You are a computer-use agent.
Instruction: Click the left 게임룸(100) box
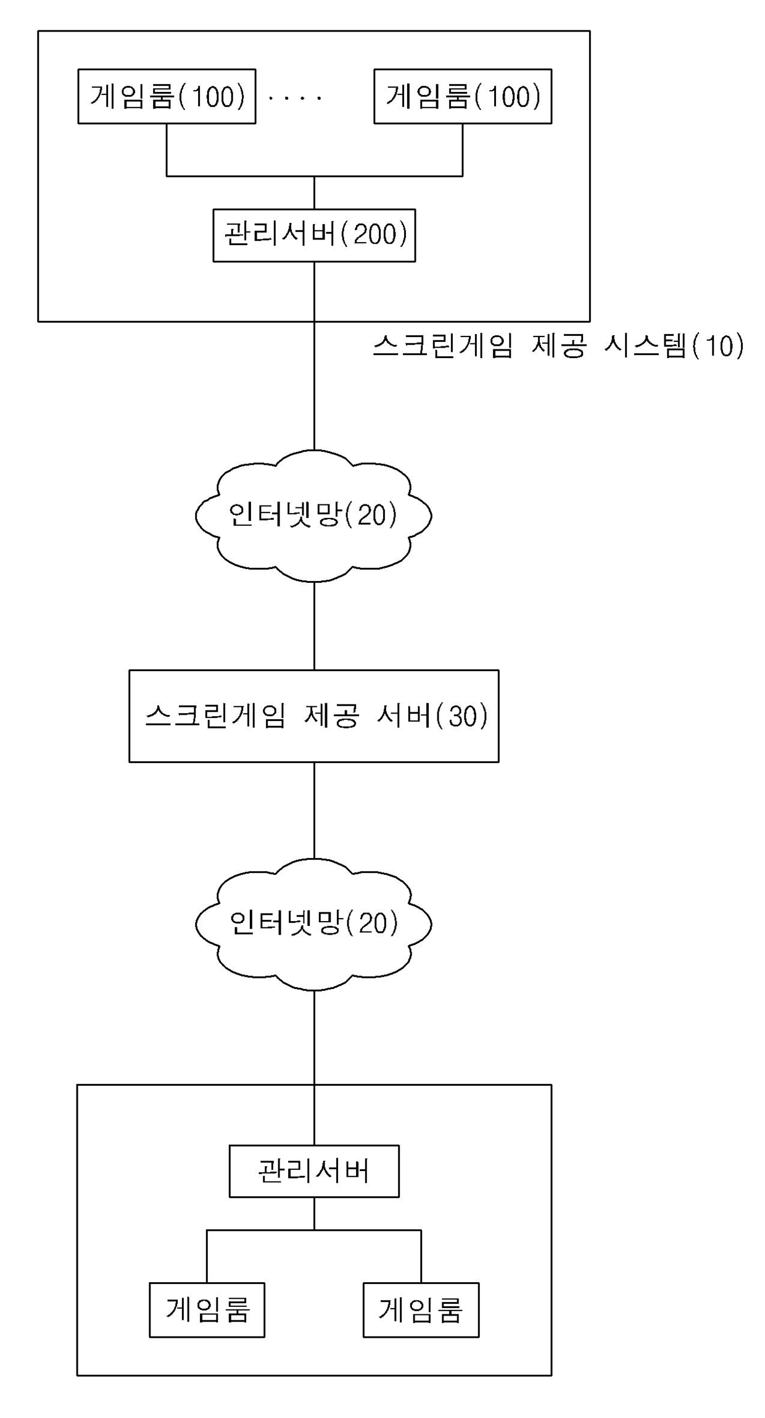167,96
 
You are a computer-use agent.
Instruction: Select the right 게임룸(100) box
463,96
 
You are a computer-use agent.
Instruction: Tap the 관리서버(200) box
314,235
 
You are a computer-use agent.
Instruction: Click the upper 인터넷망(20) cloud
313,515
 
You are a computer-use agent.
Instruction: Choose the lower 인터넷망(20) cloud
313,924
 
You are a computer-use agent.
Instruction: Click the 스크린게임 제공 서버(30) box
313,716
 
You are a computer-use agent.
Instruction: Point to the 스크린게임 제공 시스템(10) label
558,346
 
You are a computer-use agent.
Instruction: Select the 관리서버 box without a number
314,1171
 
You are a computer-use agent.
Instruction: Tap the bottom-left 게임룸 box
207,1310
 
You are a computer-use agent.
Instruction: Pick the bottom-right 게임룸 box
421,1310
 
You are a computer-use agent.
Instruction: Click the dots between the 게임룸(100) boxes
296,98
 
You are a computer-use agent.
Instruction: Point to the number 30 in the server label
463,717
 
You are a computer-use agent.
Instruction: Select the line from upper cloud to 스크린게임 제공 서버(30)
314,625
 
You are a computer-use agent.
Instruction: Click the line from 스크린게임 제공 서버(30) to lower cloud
314,810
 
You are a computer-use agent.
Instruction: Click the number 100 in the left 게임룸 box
213,97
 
